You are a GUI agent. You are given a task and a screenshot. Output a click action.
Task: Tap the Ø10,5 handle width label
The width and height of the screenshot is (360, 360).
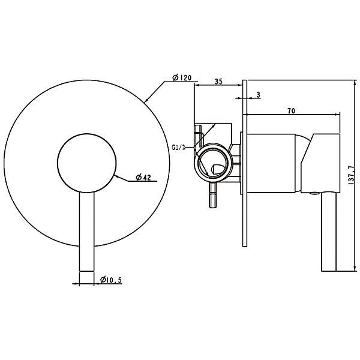tap(111, 280)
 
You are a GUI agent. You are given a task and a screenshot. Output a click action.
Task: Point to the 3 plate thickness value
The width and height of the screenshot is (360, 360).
tap(257, 95)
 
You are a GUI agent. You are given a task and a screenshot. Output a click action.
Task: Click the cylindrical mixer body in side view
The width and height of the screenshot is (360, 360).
tap(273, 163)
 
